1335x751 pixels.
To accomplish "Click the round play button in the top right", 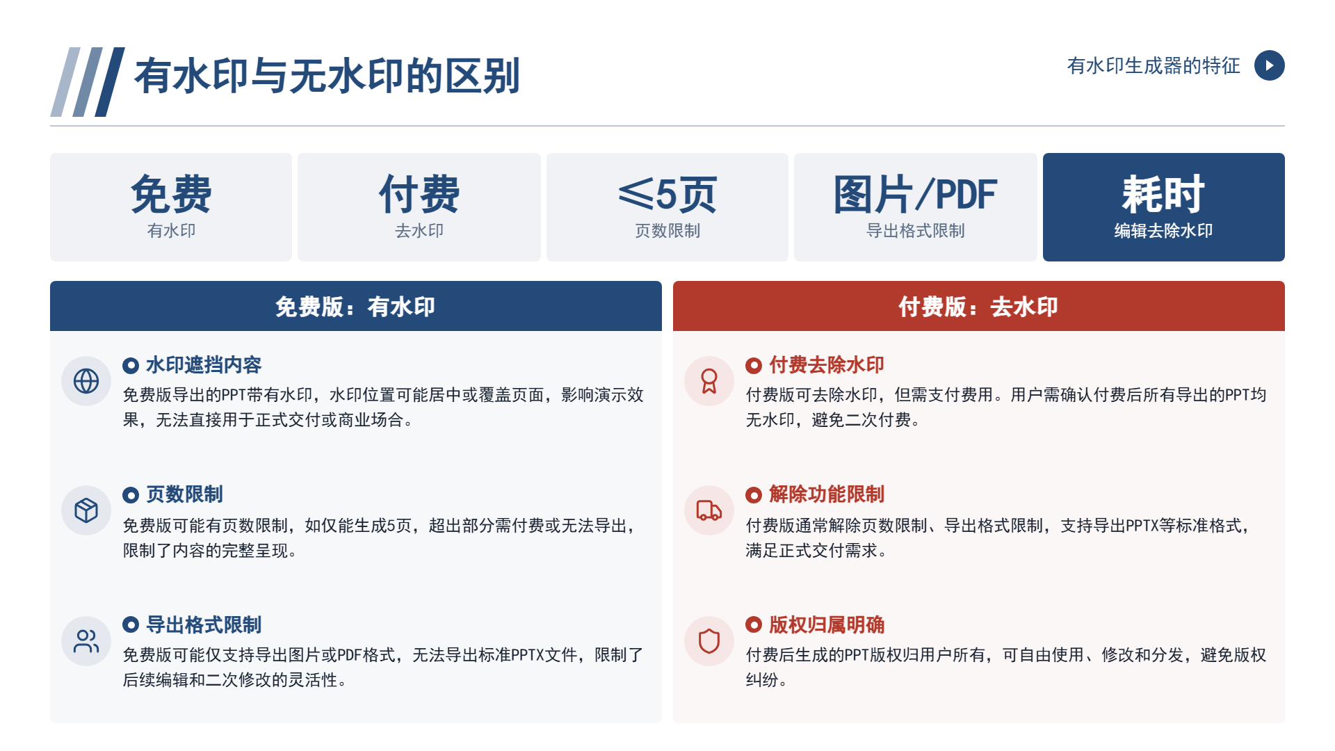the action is [1269, 65].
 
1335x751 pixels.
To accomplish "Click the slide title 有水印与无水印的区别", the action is [327, 76].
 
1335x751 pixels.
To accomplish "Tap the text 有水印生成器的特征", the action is [1154, 65].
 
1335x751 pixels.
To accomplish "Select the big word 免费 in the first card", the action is [171, 194].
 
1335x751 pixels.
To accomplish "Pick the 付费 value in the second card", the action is [419, 194].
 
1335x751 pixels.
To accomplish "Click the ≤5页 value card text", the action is [667, 194].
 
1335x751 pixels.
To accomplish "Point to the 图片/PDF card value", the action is [915, 194].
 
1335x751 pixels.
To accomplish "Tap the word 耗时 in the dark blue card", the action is [1163, 194].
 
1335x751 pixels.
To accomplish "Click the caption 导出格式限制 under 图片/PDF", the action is [915, 231].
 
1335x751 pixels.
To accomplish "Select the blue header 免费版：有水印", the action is [355, 307].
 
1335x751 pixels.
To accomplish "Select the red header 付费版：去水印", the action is [978, 307].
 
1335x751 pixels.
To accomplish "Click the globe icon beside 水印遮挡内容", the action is [86, 381].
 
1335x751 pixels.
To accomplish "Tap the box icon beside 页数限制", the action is [86, 510].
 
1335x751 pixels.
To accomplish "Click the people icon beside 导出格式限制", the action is [86, 641].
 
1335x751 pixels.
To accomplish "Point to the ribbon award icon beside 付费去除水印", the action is [709, 381].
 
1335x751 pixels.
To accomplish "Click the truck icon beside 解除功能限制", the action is [709, 510].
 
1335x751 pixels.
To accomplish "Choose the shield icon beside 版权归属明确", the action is [709, 641].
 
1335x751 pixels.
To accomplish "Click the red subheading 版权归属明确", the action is [827, 624].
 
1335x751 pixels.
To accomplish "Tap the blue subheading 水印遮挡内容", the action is [204, 365].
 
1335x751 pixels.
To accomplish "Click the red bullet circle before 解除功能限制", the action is [754, 495].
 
